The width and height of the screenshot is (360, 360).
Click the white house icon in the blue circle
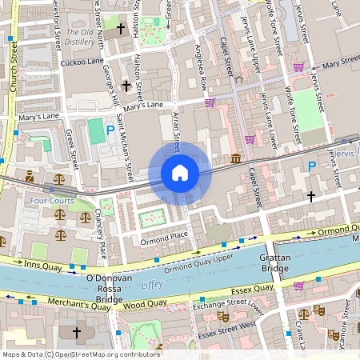coord(180,173)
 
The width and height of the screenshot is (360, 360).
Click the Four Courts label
coord(50,200)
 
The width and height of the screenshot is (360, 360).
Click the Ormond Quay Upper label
coord(202,259)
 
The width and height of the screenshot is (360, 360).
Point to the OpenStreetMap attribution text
coord(81,354)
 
